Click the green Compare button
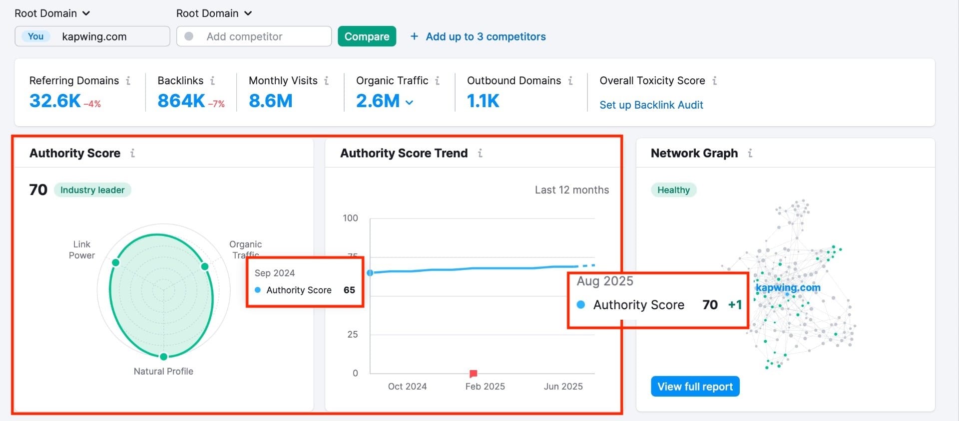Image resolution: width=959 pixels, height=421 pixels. click(x=367, y=36)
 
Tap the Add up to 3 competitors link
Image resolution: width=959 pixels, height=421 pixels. click(x=478, y=36)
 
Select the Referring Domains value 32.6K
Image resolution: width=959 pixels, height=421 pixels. click(x=55, y=101)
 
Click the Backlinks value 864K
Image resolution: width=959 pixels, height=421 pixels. click(x=181, y=101)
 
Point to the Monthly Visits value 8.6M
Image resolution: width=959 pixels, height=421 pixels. click(x=270, y=101)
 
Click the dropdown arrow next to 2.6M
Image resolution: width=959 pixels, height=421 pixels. click(x=410, y=102)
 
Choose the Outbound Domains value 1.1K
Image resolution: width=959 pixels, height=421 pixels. click(x=483, y=101)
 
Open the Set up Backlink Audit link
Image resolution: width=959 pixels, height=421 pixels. click(x=651, y=105)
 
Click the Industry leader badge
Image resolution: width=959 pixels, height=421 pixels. click(x=92, y=190)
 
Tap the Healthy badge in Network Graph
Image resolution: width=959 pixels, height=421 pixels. click(x=673, y=190)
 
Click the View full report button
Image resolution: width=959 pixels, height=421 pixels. click(x=695, y=387)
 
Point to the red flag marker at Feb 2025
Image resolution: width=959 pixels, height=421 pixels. click(x=473, y=374)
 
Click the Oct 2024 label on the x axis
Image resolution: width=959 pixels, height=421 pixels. click(x=407, y=387)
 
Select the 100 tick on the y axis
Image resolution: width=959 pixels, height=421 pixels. click(x=350, y=218)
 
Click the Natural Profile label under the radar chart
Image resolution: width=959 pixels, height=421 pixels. click(x=163, y=371)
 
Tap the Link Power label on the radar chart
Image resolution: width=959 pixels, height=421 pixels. click(x=82, y=249)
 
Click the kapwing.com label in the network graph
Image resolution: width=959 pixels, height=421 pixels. click(x=788, y=287)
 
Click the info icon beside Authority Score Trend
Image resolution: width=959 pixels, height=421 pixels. click(x=480, y=153)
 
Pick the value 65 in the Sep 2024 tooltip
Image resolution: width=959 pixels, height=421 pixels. click(x=349, y=290)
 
